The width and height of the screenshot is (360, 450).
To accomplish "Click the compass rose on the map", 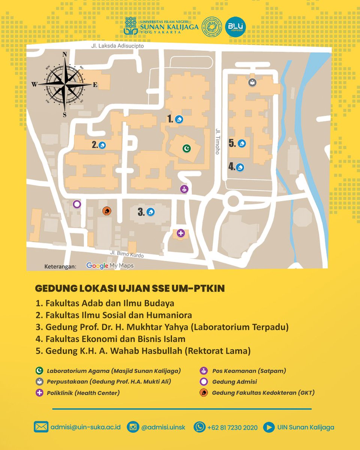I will (x=64, y=85).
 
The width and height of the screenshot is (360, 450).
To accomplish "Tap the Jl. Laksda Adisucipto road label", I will (x=117, y=46).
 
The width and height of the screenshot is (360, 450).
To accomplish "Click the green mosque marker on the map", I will (x=186, y=149).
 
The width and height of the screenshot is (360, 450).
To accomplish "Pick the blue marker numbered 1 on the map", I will (x=179, y=119).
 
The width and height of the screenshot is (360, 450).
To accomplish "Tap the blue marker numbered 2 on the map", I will (x=102, y=145).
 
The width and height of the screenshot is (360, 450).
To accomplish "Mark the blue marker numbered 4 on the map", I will (x=240, y=167).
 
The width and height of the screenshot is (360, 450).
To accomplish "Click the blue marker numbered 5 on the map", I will (x=242, y=143).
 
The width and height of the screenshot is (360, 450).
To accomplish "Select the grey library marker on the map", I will (x=252, y=82).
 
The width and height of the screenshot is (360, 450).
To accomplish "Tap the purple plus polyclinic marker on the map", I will (x=181, y=233).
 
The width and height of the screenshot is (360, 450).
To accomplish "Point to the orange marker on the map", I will (x=106, y=211).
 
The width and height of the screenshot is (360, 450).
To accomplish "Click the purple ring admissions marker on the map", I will (x=77, y=204).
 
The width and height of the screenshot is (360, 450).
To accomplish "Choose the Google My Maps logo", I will (x=110, y=265).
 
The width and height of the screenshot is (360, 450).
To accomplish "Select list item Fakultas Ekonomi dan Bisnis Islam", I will (x=115, y=339).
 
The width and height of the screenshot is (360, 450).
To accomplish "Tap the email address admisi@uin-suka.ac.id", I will (x=85, y=427).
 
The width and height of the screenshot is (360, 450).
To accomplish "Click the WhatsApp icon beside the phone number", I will (x=199, y=427).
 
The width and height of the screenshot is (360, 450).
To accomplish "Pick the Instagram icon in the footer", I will (x=133, y=427).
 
